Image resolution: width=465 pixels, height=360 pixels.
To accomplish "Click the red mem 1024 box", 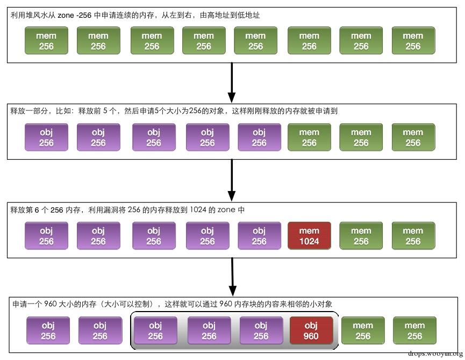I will [309, 236].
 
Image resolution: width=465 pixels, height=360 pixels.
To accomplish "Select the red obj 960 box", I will [311, 330].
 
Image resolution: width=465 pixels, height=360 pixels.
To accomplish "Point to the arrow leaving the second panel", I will [232, 180].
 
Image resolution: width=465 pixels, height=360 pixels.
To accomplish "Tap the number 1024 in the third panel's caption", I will [201, 210].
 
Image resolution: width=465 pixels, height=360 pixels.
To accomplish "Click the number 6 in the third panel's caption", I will [37, 210].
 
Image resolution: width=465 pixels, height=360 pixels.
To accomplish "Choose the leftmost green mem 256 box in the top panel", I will [46, 41].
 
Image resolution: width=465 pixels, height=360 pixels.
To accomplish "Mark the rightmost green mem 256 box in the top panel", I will [413, 41].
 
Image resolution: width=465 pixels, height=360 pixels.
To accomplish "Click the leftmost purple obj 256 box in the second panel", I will [46, 137].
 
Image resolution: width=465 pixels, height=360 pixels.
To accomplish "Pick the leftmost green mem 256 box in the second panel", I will [309, 137].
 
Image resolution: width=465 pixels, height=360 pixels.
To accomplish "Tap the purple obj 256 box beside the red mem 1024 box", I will [259, 236].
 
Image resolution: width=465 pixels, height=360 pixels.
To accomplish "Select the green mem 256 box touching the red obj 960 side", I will [363, 330].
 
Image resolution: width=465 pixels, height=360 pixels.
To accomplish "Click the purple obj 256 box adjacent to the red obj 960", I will [261, 330].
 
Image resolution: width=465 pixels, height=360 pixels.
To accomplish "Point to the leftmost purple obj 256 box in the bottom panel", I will [48, 330].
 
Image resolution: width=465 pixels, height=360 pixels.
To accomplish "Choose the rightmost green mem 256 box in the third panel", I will [413, 236].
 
